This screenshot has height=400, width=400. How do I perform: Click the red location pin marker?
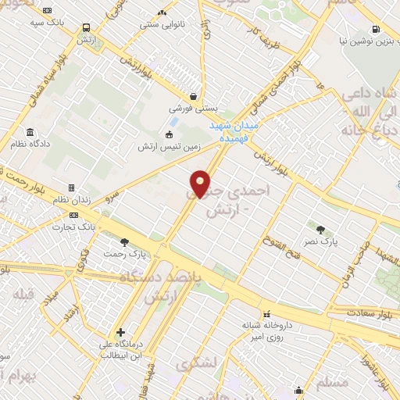(201, 184)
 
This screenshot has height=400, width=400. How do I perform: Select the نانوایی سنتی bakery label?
(162, 23)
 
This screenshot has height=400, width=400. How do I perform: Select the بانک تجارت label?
(77, 226)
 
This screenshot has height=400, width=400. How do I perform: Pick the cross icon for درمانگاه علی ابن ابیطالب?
(120, 332)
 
